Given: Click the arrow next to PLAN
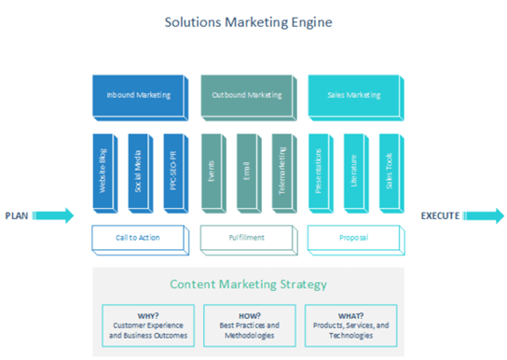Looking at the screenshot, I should click(55, 216).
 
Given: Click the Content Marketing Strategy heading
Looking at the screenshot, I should click(249, 284).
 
